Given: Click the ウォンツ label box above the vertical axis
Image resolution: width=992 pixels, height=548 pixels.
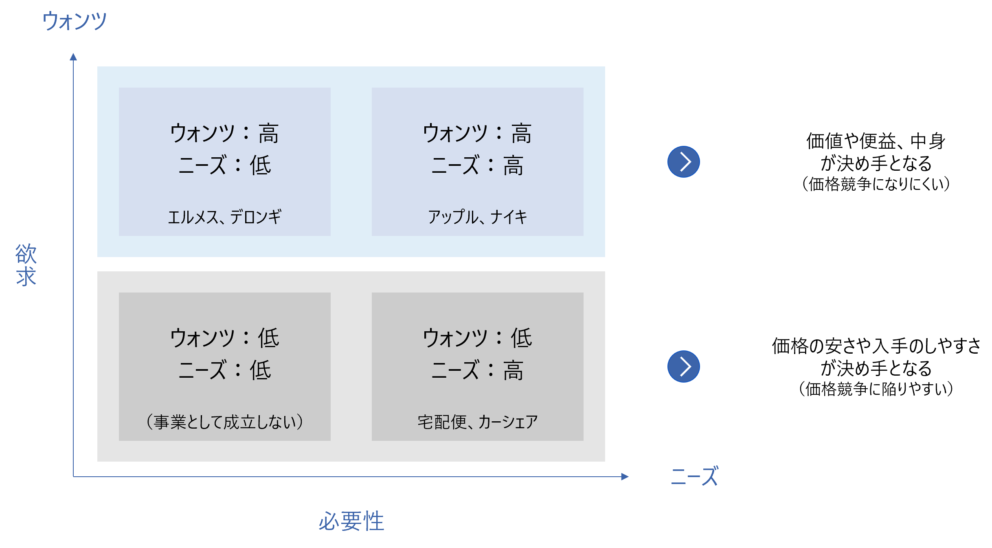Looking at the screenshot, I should pos(74,21).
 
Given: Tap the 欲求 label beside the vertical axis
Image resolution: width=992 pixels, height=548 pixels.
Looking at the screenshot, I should pos(26,265).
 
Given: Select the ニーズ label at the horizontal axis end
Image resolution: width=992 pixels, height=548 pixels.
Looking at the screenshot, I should pos(694,476).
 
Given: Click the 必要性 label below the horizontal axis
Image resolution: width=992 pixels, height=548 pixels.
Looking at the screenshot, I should pos(351,521).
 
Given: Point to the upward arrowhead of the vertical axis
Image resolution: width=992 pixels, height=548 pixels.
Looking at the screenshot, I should pos(73,57).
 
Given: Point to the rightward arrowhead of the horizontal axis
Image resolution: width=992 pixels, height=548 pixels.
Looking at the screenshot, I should pos(625,476).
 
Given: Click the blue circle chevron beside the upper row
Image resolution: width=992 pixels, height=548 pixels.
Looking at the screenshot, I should pos(683,162).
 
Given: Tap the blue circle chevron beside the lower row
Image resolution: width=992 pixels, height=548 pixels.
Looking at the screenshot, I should pos(683,366).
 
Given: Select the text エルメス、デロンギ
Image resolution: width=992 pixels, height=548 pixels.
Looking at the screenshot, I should pos(224,217).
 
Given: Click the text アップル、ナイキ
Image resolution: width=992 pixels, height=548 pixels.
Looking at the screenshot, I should pos(477,217).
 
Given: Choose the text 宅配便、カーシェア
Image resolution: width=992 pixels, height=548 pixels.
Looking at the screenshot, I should pos(477,422).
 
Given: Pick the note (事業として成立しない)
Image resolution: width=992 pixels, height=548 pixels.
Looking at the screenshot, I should pos(224,422).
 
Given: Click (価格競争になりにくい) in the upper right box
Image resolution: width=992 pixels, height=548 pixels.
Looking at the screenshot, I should pos(876,184).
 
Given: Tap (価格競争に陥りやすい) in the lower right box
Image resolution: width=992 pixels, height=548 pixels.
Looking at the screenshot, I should pos(876,389).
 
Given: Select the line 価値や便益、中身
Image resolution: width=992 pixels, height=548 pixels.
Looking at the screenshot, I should pos(876,141).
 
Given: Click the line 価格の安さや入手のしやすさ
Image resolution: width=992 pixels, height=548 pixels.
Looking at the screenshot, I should pos(876,346).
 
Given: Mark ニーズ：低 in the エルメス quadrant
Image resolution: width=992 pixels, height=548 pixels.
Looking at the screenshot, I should pos(224,165).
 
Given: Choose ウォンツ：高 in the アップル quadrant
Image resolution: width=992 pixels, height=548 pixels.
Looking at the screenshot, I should pos(477,133).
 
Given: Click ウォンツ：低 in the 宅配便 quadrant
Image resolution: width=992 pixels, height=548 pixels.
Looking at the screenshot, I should pos(477,338).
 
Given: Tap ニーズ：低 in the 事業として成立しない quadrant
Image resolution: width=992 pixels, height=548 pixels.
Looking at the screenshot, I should pos(224,370).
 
